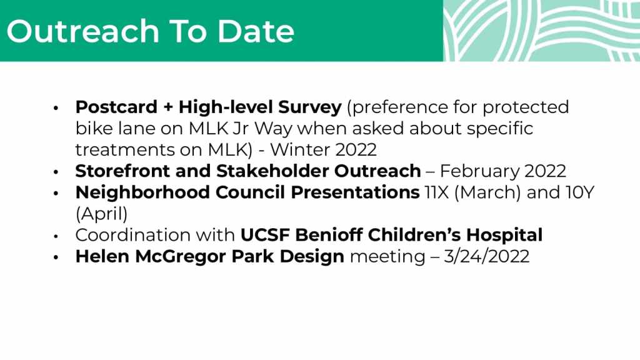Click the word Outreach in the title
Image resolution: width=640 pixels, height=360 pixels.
(x=83, y=31)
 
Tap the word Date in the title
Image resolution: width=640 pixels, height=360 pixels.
(x=256, y=31)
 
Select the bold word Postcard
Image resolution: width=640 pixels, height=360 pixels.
(x=116, y=107)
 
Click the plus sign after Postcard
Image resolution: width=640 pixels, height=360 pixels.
(x=168, y=107)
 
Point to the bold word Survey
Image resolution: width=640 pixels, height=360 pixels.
(x=310, y=107)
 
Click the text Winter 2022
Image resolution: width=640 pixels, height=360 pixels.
(x=323, y=150)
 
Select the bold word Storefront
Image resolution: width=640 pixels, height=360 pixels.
(x=122, y=171)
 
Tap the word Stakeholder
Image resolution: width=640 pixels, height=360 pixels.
(x=272, y=171)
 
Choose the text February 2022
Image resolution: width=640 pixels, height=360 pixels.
(x=503, y=171)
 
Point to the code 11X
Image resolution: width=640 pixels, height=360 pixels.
(x=437, y=192)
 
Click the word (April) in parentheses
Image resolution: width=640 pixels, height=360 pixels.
(x=102, y=214)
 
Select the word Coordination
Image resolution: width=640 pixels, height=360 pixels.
(x=133, y=235)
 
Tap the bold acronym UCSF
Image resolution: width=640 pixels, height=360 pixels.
(x=265, y=235)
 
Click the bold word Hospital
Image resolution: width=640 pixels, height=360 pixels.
(x=504, y=235)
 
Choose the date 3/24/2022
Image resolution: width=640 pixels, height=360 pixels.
(x=486, y=257)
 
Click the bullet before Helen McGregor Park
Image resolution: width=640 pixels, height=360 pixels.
(x=56, y=257)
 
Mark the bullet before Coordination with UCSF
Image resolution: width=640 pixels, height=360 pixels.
(x=56, y=236)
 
